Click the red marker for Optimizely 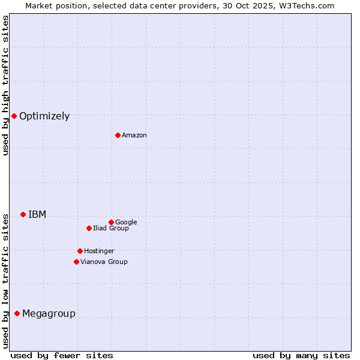tap(14, 116)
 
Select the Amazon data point tap(118, 135)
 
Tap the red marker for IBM tap(23, 214)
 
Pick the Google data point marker tap(111, 222)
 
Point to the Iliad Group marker tap(89, 228)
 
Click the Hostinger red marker tap(80, 251)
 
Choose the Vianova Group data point tap(76, 262)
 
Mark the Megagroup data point tap(17, 313)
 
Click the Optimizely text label tap(44, 116)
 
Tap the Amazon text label tap(134, 136)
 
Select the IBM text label tap(37, 215)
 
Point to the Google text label tap(126, 223)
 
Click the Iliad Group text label tap(111, 229)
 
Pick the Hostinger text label tap(99, 251)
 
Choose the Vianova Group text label tap(104, 262)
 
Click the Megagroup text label tap(49, 314)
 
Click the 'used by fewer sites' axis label tap(62, 355)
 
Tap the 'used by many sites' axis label tap(301, 355)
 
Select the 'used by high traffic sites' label tap(5, 85)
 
